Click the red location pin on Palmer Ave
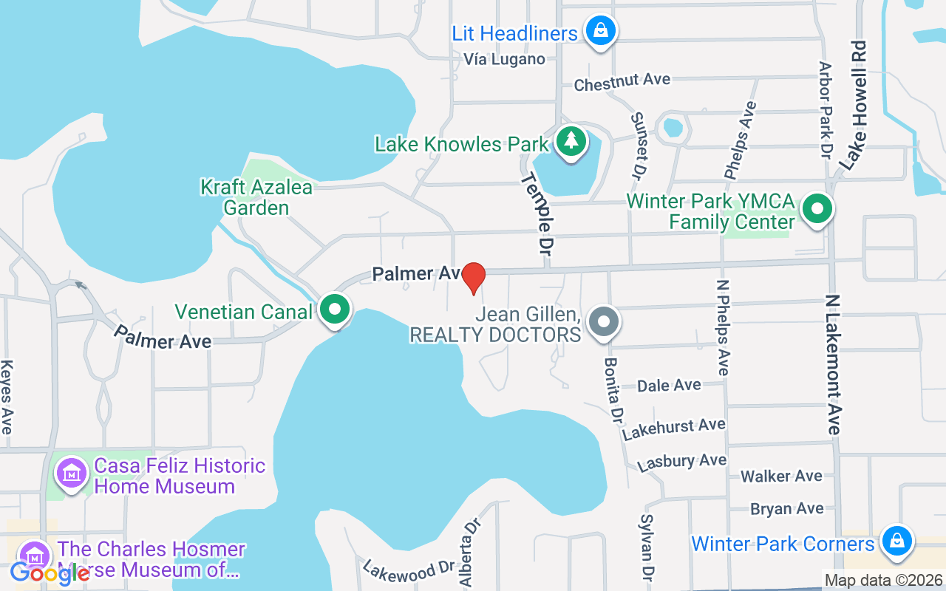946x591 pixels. (x=473, y=278)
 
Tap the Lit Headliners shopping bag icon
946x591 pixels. (x=601, y=31)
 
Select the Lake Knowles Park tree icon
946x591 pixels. (x=570, y=141)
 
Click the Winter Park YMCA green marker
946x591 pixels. (x=817, y=209)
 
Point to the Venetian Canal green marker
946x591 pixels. (x=335, y=310)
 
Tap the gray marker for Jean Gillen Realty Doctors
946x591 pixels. (x=604, y=322)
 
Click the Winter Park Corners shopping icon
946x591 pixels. (x=896, y=541)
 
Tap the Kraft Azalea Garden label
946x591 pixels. (x=256, y=197)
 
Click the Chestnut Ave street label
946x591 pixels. (x=622, y=81)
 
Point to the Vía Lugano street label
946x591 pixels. (x=504, y=59)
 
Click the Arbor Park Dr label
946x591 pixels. (x=826, y=109)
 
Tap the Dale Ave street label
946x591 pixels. (x=669, y=385)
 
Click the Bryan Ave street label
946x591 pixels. (x=786, y=508)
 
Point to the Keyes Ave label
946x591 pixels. (x=7, y=397)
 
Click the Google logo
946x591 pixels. (x=49, y=573)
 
